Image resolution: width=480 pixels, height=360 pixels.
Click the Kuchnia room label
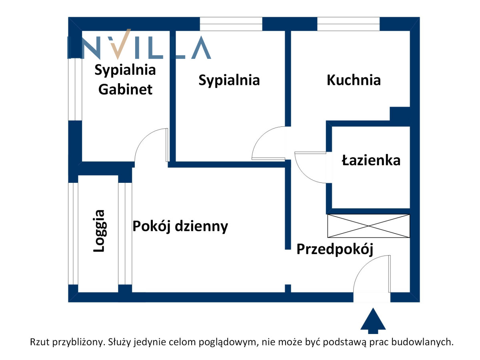click(353, 80)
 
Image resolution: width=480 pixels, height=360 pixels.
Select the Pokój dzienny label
click(180, 226)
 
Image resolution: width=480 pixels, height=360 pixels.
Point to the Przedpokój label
click(334, 249)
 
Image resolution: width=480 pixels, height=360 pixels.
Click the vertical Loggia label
click(99, 231)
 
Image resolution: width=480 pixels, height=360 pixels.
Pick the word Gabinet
click(125, 90)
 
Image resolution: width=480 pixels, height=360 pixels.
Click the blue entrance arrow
click(373, 320)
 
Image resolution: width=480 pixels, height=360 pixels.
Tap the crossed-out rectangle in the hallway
click(368, 226)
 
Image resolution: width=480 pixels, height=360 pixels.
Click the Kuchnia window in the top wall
click(348, 24)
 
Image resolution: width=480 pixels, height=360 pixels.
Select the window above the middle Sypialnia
click(231, 24)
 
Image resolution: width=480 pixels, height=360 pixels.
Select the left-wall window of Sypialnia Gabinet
click(75, 89)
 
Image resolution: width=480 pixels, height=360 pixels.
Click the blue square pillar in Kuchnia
click(400, 114)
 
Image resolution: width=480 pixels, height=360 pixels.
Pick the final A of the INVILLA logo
click(201, 48)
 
